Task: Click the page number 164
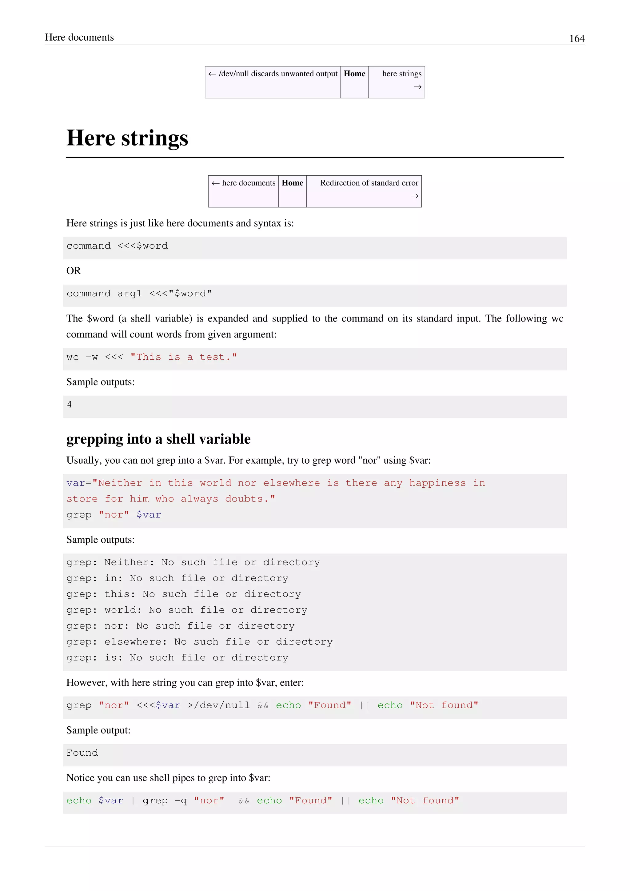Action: (x=576, y=38)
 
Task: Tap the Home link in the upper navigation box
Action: (x=354, y=74)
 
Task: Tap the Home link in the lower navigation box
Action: (x=292, y=183)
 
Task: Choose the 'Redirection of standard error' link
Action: (x=369, y=183)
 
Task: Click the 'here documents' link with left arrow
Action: (x=244, y=183)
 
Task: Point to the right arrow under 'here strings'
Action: (x=417, y=87)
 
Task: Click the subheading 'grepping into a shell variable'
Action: (x=158, y=439)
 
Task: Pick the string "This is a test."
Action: (x=183, y=357)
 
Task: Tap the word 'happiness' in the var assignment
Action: (x=437, y=483)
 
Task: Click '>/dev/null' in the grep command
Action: (x=218, y=705)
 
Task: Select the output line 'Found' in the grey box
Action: (x=82, y=753)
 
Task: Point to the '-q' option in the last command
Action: (x=180, y=801)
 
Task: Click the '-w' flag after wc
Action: (x=92, y=357)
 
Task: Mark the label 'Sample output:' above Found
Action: (x=98, y=730)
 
